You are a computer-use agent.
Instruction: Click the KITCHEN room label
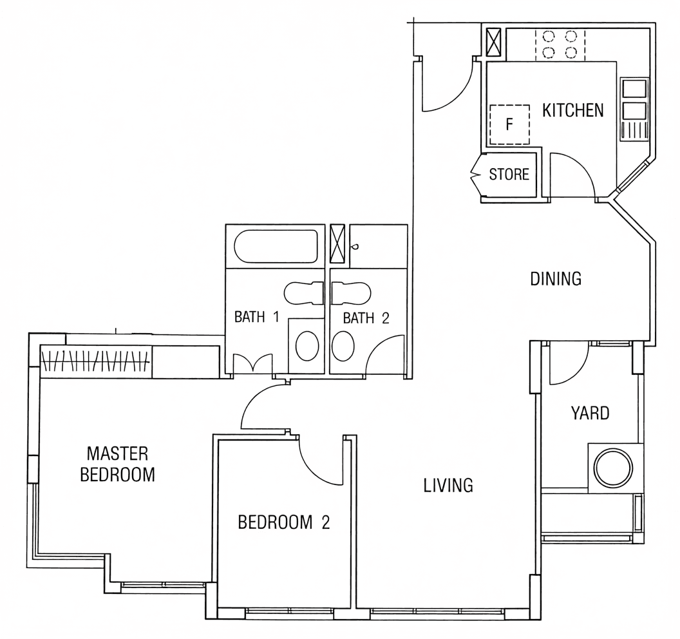click(x=573, y=111)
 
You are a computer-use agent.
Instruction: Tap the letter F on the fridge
click(x=509, y=124)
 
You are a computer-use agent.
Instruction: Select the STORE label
click(x=509, y=175)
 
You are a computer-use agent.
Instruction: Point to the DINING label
click(x=556, y=279)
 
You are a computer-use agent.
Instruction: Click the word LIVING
click(x=448, y=486)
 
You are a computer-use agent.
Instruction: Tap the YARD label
click(x=590, y=414)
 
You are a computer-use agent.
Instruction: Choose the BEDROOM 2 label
click(x=284, y=522)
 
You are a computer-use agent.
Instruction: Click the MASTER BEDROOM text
click(x=118, y=464)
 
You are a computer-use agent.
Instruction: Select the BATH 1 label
click(x=256, y=317)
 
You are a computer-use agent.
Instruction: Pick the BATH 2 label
click(x=366, y=318)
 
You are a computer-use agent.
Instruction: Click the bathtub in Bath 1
click(x=276, y=247)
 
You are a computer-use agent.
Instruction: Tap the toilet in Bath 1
click(x=304, y=293)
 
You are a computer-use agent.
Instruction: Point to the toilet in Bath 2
click(x=350, y=293)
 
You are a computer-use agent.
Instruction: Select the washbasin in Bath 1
click(x=307, y=346)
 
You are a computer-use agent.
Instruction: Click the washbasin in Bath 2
click(x=343, y=346)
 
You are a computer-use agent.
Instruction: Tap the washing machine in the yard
click(x=614, y=468)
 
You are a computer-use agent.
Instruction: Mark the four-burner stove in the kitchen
click(x=560, y=44)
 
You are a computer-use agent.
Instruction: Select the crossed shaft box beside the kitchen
click(x=493, y=42)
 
